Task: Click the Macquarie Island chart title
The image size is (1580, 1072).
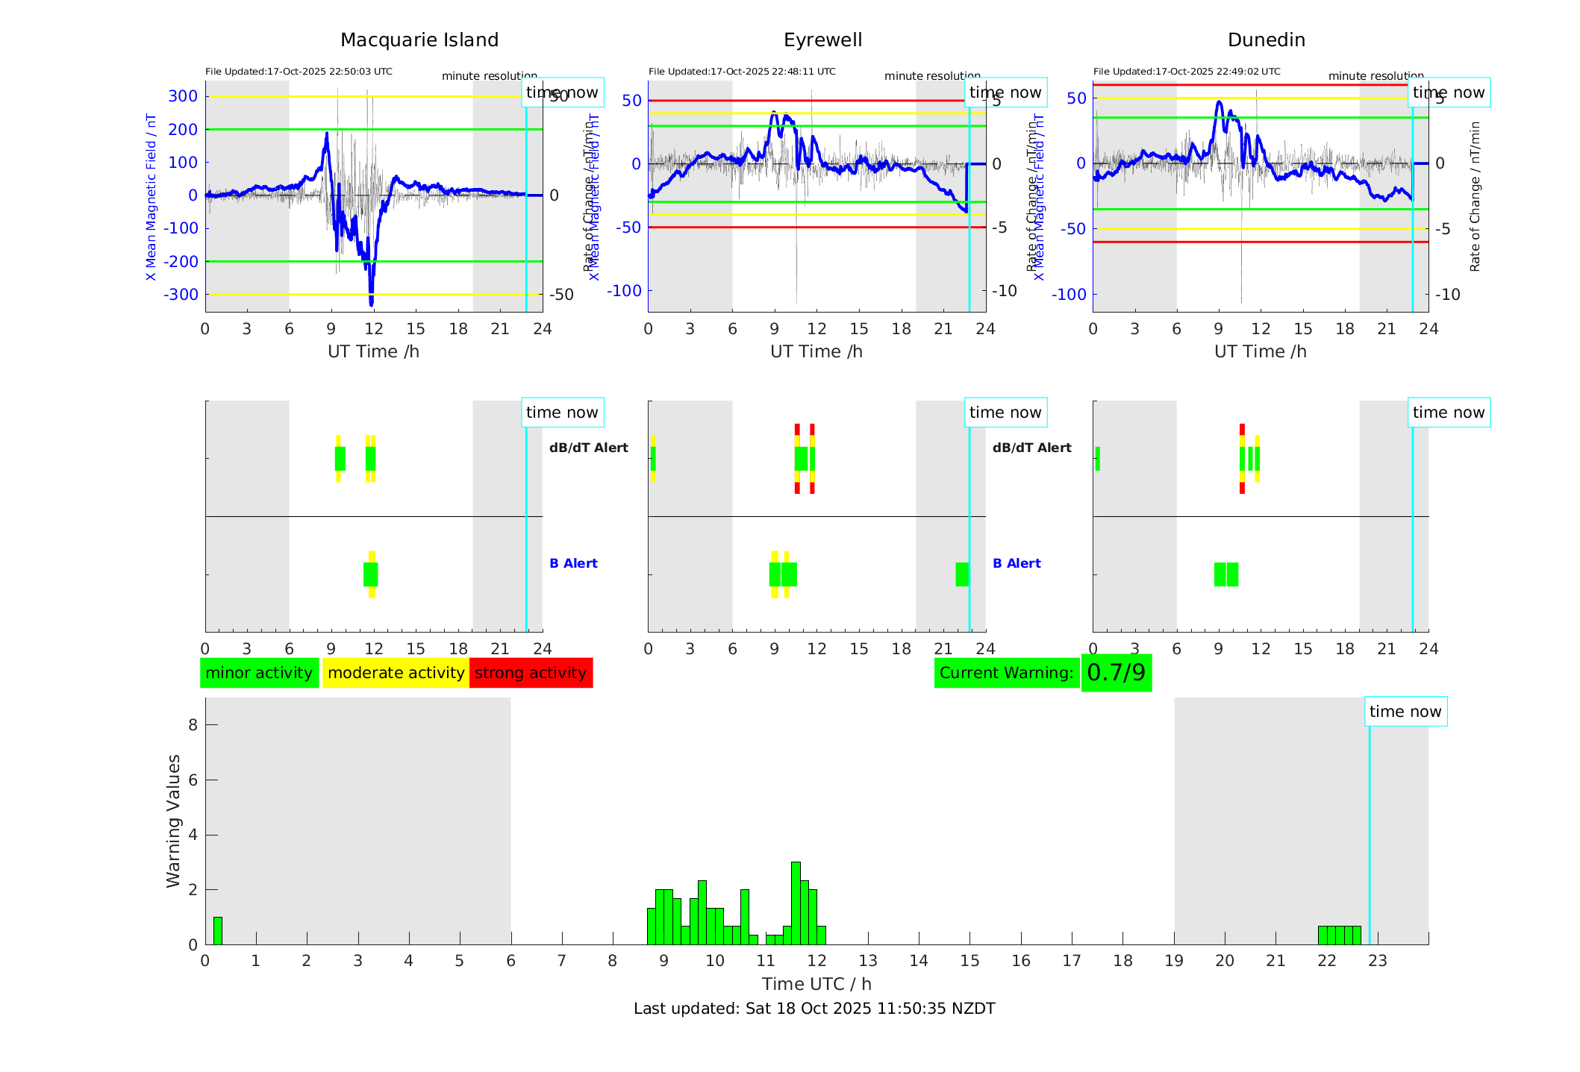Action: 419,40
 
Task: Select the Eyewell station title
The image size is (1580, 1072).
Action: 822,40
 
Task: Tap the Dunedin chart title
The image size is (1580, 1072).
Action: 1266,40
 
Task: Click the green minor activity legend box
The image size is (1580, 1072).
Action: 259,673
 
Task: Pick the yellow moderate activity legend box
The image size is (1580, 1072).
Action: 396,673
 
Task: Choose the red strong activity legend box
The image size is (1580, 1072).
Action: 531,673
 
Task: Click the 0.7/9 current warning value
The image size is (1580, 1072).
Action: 1116,673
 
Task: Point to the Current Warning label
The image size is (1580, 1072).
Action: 1006,673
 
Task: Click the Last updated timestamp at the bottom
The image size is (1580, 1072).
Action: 814,1009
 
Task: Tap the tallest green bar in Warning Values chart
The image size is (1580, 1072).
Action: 796,903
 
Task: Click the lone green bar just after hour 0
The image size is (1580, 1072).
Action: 218,931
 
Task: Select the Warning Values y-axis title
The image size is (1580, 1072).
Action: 173,821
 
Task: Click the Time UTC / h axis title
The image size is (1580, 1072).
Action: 816,984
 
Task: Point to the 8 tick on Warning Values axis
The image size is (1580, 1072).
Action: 193,724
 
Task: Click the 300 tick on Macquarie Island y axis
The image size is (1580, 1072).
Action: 183,96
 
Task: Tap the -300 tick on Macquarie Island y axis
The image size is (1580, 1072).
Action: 181,295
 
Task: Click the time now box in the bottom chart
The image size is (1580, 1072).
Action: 1405,712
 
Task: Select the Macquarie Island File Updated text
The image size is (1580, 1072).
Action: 299,72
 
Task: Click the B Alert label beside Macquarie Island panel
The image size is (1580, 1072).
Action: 573,563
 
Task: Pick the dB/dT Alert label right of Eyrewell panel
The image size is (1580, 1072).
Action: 1031,448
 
